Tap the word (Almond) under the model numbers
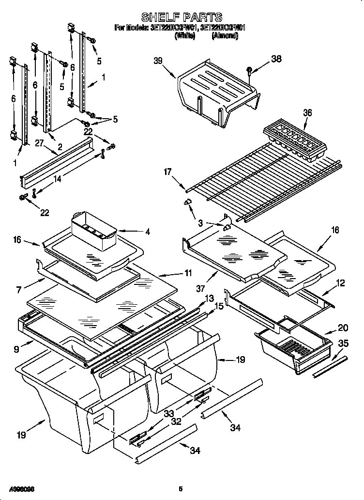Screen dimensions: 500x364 (x=225, y=36)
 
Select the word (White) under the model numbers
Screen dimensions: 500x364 (x=184, y=36)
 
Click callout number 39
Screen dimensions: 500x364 (x=158, y=61)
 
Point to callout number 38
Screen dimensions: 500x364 (x=276, y=59)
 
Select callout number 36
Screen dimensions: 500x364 (x=307, y=113)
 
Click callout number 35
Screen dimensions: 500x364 (x=343, y=344)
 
